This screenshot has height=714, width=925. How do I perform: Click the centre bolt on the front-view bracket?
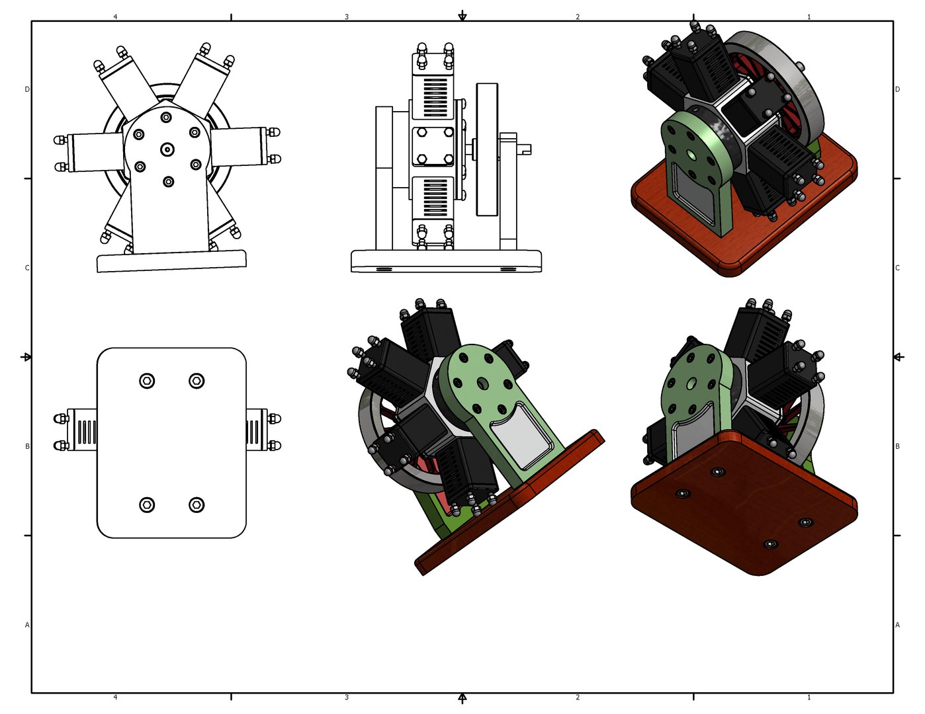[x=167, y=149]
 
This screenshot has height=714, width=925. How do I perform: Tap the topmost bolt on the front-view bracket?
[x=166, y=117]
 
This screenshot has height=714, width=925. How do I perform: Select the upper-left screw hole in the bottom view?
[x=147, y=381]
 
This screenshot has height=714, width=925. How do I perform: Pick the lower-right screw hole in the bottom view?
[x=197, y=505]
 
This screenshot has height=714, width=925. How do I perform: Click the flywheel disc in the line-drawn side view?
[x=486, y=149]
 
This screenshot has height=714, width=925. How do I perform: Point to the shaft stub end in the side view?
[x=526, y=149]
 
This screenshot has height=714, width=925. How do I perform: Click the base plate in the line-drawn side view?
[x=446, y=260]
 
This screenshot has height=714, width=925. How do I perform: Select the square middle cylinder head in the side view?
[x=433, y=147]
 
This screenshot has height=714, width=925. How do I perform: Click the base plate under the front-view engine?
[x=171, y=261]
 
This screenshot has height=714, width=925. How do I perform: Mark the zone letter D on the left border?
[x=27, y=89]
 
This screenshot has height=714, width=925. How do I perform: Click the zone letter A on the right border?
[x=897, y=625]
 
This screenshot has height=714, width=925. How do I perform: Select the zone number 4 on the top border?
[x=115, y=17]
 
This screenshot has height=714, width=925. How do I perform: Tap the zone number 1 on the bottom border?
[x=809, y=697]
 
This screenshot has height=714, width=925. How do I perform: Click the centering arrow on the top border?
[x=462, y=16]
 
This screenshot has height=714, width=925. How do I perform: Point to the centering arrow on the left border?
[x=26, y=357]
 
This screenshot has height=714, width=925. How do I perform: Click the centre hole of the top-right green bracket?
[x=691, y=154]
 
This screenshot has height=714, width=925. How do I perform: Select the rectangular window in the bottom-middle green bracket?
[x=521, y=436]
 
